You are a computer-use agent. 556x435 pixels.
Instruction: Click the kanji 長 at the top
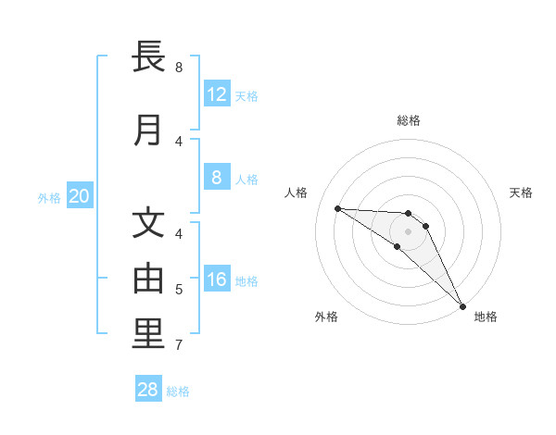click(148, 58)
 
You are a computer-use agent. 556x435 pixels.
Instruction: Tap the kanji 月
click(148, 130)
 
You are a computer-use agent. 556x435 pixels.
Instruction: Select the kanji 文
click(148, 224)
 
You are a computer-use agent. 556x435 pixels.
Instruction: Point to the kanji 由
click(148, 279)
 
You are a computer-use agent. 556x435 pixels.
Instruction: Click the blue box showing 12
click(217, 93)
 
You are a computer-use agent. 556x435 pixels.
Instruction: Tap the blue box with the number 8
click(217, 178)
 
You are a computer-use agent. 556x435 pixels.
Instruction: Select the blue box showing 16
click(217, 280)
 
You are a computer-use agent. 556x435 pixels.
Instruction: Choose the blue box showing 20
click(79, 196)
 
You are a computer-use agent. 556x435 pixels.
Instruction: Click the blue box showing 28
click(148, 390)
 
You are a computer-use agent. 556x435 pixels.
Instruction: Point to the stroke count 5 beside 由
click(179, 290)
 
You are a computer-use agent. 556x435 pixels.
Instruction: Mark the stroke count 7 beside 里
click(179, 345)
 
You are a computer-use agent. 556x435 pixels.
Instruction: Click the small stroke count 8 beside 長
click(179, 68)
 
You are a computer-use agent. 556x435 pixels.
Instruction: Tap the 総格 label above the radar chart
click(408, 120)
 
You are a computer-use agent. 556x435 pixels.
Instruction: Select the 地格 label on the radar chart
click(486, 317)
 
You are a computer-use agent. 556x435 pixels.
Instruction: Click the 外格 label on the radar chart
click(326, 317)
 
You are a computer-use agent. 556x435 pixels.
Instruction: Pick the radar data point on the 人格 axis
click(337, 208)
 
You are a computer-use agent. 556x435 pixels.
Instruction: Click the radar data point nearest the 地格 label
click(462, 305)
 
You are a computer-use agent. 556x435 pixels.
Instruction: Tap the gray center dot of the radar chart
click(408, 231)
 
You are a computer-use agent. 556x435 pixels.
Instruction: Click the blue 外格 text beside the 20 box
click(48, 197)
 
